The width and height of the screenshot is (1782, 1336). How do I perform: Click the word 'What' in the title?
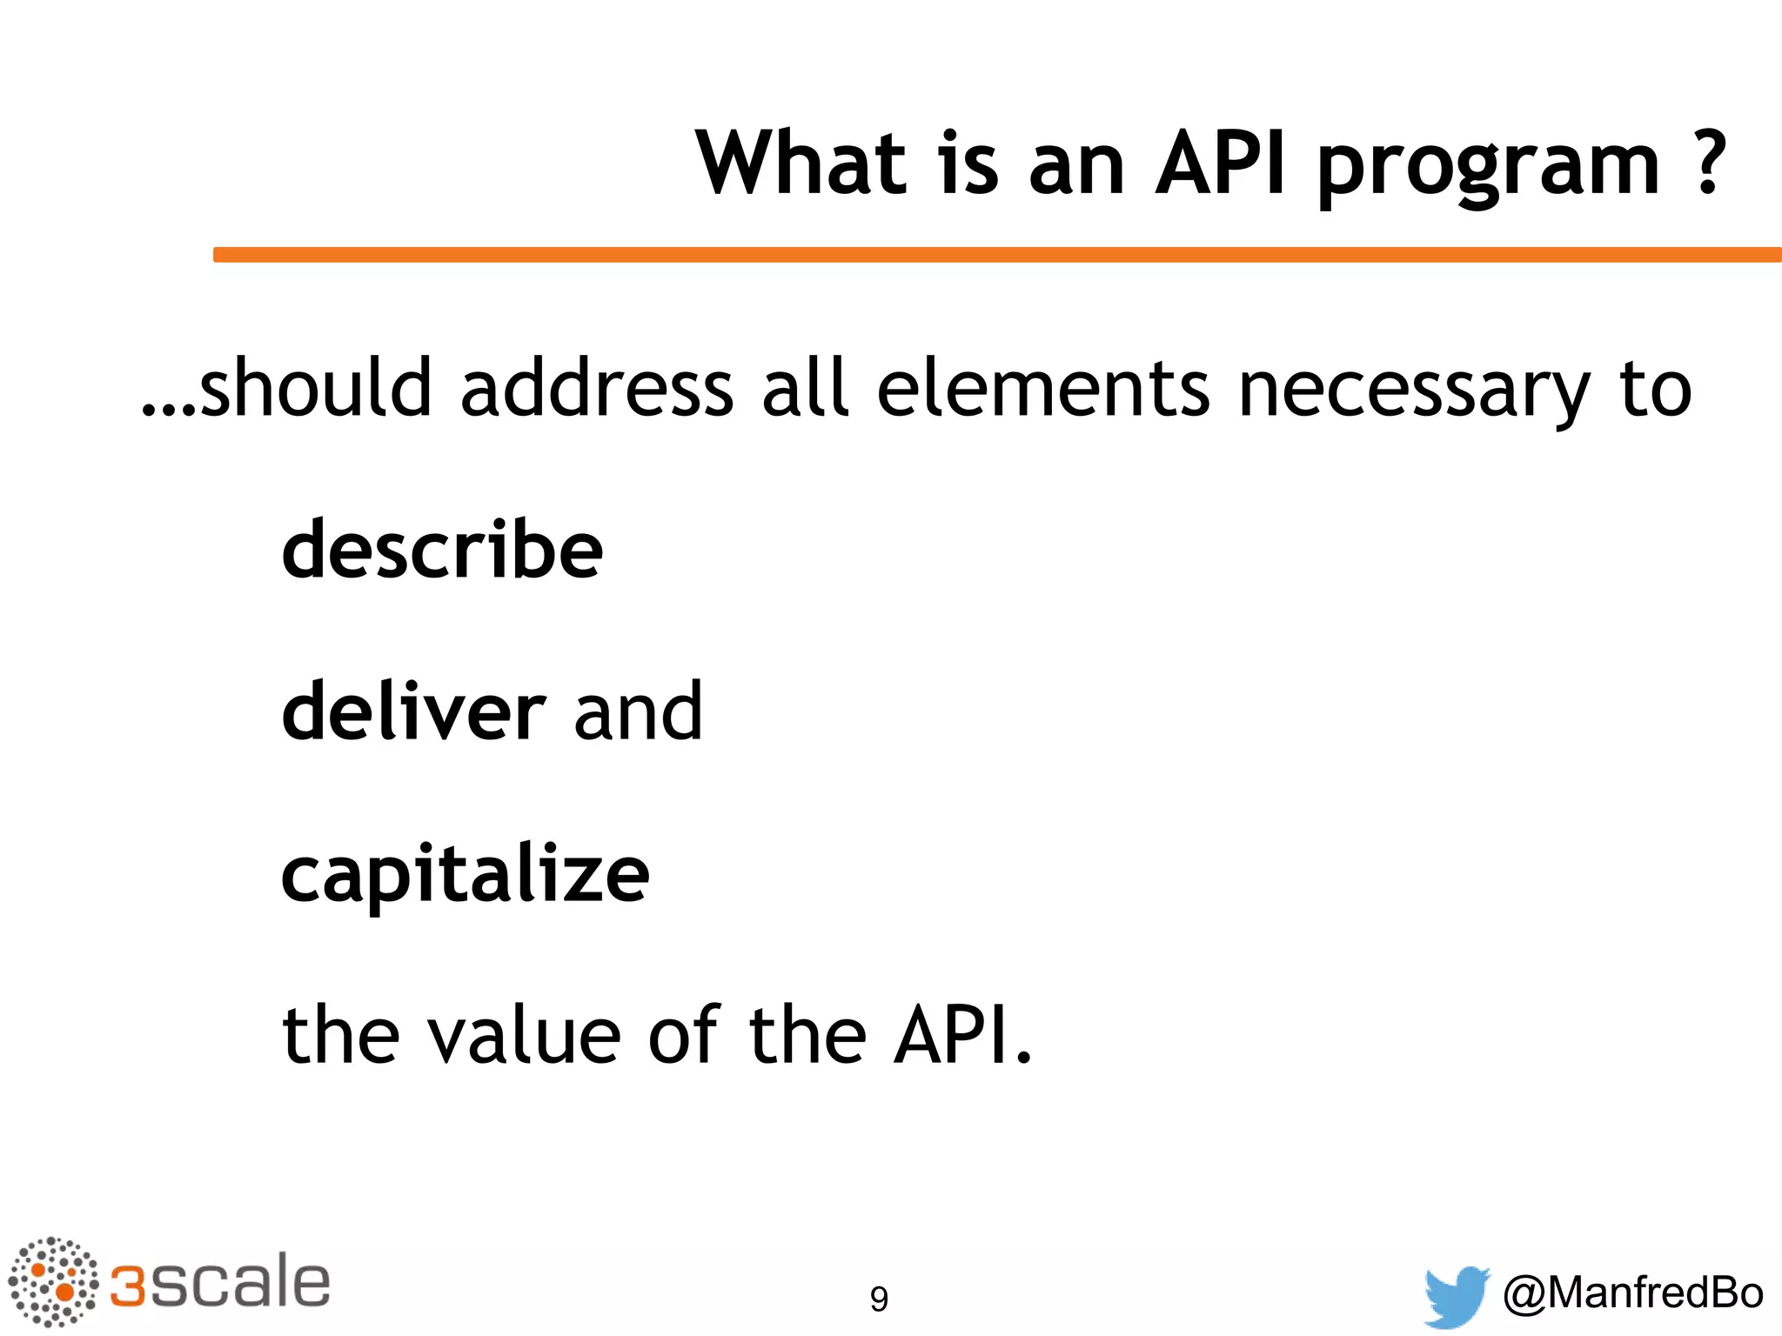tap(801, 163)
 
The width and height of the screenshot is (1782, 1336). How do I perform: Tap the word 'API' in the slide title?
tap(1219, 163)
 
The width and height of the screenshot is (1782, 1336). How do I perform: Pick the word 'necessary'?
tap(1413, 391)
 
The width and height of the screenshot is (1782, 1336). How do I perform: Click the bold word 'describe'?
tap(442, 549)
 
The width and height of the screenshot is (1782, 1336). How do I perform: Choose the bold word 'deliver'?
tap(413, 711)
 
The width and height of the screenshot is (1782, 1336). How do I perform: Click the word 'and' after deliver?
tap(638, 711)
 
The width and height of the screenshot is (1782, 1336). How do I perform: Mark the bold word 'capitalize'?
tap(465, 877)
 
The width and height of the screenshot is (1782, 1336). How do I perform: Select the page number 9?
tap(879, 1299)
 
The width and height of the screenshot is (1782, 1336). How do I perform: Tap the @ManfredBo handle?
tap(1632, 1293)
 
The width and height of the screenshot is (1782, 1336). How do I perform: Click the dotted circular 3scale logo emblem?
tap(53, 1282)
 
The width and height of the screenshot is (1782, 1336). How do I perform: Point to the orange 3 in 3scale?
tap(129, 1286)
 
